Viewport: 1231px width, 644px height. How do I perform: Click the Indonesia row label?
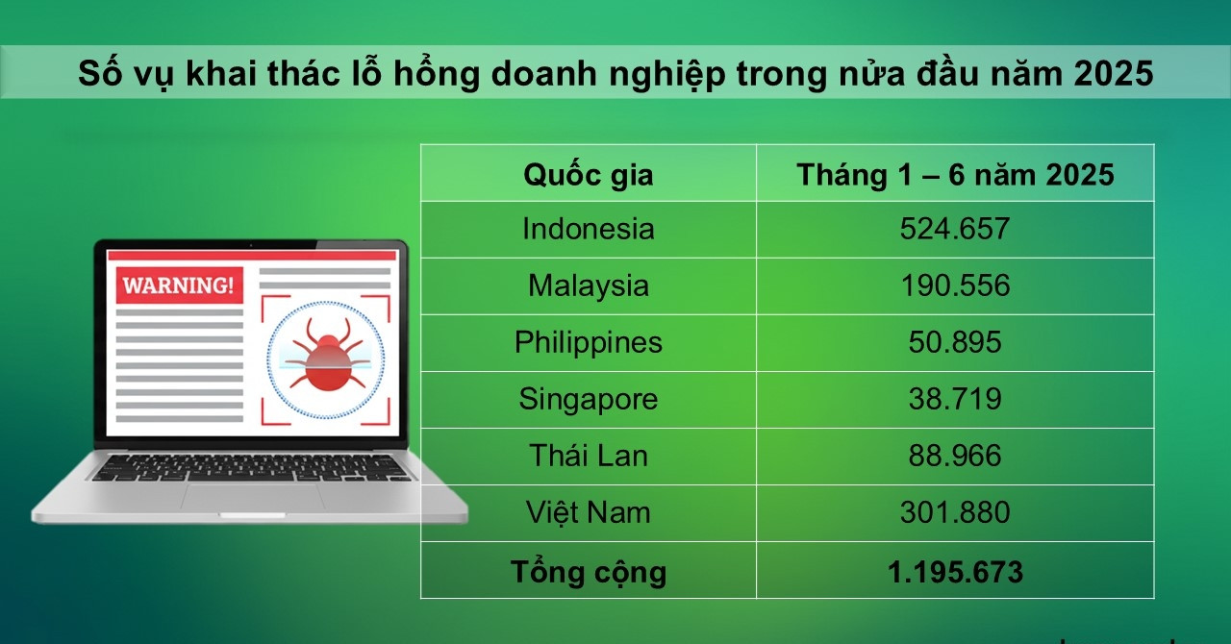588,229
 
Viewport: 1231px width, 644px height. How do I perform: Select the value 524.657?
955,229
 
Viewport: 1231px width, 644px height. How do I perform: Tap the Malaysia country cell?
588,285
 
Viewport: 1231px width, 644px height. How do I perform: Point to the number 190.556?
955,285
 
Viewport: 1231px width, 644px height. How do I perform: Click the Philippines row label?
588,342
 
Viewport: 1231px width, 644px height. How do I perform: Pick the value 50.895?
955,342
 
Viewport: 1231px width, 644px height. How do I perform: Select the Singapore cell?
588,399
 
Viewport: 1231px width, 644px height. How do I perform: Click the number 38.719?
955,399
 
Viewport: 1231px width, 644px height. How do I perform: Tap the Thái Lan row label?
588,456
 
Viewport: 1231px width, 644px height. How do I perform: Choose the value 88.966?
955,456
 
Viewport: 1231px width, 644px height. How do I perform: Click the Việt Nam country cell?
588,512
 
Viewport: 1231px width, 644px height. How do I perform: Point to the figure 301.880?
955,512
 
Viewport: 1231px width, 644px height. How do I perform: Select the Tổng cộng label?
588,572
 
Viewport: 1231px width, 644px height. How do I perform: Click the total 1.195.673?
955,572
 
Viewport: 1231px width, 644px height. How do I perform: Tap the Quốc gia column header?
588,175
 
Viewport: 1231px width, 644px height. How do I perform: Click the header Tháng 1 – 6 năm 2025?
955,175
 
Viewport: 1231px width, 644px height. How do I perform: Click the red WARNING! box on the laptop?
179,285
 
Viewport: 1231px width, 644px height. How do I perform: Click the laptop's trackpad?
252,496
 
